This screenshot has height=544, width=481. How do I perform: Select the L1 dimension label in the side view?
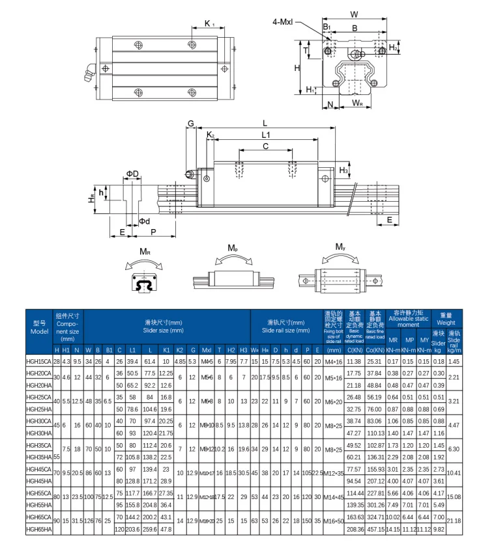click(265, 134)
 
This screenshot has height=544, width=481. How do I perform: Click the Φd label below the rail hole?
click(145, 221)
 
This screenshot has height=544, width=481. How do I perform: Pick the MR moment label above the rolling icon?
click(145, 251)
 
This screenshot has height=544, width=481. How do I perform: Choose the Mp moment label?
click(233, 249)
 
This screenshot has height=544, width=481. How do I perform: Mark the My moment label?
click(340, 247)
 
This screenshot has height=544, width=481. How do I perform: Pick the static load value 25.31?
click(375, 361)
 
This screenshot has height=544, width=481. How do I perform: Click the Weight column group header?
click(446, 319)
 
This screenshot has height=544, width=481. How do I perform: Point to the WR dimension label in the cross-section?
click(357, 103)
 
